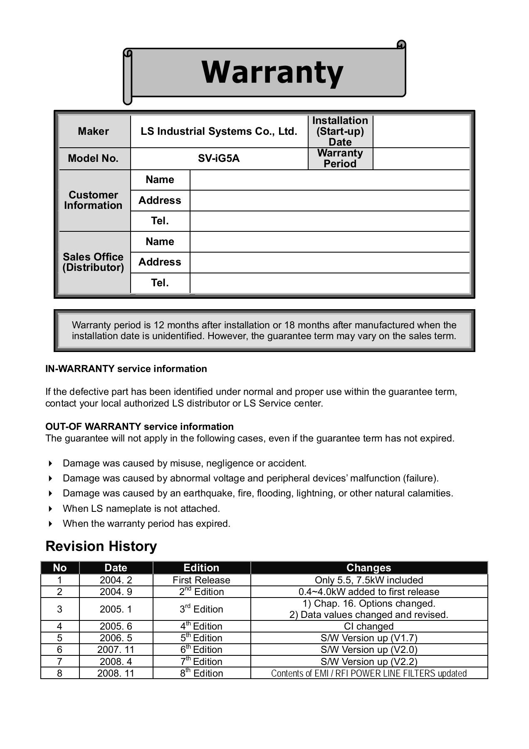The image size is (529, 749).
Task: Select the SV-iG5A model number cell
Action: pos(219,159)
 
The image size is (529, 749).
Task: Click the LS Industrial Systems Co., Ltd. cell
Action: pos(219,131)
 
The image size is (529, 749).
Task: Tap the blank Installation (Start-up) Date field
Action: pos(421,131)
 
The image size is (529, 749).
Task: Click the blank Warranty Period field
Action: pos(421,159)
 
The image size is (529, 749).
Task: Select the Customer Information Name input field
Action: pos(329,180)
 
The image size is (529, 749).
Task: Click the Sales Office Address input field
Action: pos(329,263)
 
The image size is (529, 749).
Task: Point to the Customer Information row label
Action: pos(93,200)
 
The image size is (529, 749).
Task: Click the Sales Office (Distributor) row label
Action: pos(93,262)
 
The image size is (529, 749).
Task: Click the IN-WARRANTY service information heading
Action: pos(126,369)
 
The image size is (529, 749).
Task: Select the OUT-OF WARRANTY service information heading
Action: pos(139,427)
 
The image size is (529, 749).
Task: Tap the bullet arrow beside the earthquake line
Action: pos(51,494)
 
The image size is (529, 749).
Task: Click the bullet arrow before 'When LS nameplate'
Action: pos(51,509)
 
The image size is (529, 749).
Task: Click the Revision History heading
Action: pos(101,546)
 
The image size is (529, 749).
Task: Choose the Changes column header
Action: pos(368,568)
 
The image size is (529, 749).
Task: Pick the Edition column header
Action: pos(201,568)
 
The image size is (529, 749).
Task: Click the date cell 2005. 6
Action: pos(116,626)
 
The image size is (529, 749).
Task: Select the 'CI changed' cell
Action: pos(368,626)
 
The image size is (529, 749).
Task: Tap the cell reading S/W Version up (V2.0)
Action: pos(368,650)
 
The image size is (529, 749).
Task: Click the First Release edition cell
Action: pos(201,580)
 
